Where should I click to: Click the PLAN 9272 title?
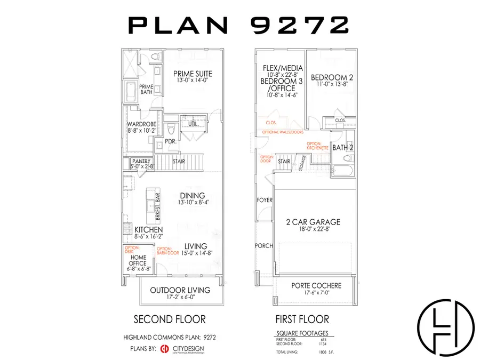pos(239,25)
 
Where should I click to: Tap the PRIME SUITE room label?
pos(193,74)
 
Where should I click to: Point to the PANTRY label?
pos(142,161)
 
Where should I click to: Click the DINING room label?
pos(193,196)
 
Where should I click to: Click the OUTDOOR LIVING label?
pos(180,290)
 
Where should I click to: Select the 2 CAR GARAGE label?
pos(313,222)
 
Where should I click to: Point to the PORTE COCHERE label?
pos(316,286)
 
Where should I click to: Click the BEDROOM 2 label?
pos(332,77)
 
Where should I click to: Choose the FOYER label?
pos(265,200)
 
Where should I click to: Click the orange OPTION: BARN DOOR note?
pos(167,251)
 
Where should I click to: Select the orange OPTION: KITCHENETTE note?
pos(319,145)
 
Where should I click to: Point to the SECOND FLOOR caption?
pos(169,319)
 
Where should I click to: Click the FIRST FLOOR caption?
pos(302,319)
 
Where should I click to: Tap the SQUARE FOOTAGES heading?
pos(302,333)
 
